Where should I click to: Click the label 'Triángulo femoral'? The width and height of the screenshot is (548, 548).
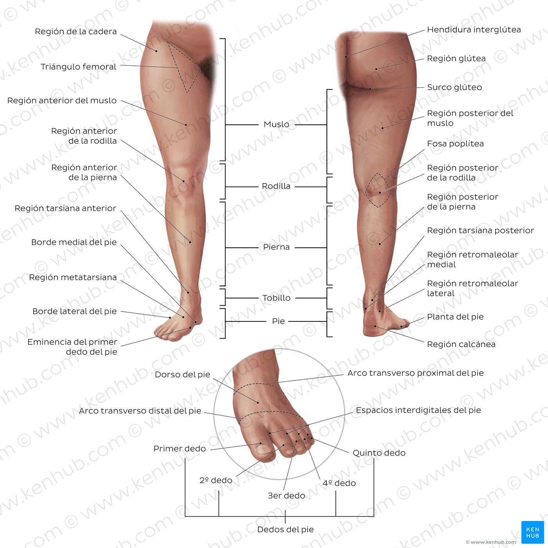(x=79, y=67)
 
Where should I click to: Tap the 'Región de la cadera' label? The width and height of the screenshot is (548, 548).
(x=76, y=31)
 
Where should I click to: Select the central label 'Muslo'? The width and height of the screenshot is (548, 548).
(x=276, y=124)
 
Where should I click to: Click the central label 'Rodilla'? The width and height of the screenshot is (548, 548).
(x=276, y=186)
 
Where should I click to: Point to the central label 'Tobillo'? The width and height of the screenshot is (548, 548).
(x=276, y=298)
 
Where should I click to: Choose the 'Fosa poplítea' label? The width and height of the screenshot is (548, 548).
(x=455, y=144)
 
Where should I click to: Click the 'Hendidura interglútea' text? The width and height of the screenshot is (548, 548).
(x=474, y=30)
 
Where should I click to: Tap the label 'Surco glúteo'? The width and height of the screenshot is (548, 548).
(x=454, y=87)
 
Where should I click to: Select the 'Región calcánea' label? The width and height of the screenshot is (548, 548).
(x=461, y=344)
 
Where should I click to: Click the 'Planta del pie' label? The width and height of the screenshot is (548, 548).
(x=455, y=317)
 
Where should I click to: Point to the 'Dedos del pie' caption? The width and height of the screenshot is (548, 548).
(x=285, y=530)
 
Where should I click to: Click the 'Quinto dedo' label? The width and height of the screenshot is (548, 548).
(x=379, y=453)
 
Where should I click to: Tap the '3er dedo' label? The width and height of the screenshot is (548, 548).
(x=287, y=496)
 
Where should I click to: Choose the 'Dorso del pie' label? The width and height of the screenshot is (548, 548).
(x=182, y=375)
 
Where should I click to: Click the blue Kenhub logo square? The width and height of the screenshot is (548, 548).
(x=533, y=532)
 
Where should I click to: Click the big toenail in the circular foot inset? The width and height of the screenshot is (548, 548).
(x=264, y=450)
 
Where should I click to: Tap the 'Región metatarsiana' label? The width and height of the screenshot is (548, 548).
(x=73, y=277)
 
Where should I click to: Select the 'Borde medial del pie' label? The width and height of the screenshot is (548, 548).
(x=74, y=242)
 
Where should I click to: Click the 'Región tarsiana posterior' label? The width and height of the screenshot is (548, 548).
(x=481, y=230)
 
